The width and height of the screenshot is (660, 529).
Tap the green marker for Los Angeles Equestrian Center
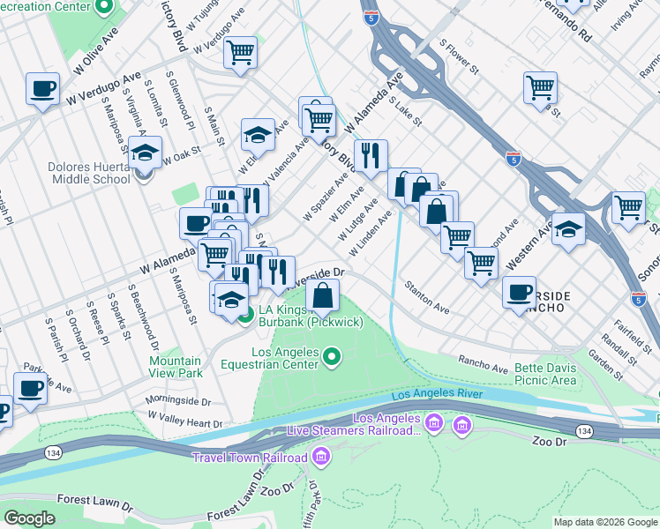332,357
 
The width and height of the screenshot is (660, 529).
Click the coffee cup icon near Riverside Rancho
520,292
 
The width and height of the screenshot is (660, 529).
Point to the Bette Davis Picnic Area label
534,374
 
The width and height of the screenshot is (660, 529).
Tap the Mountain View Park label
175,367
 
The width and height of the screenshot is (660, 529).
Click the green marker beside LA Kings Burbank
245,312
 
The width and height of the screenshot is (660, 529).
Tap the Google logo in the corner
30,518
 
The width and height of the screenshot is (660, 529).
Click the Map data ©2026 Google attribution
605,522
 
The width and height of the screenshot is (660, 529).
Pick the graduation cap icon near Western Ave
568,229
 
